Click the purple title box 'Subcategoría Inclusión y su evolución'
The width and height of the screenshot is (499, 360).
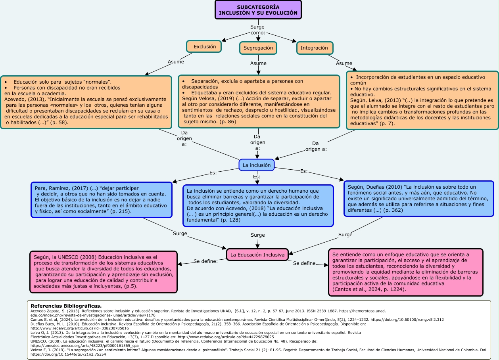[258, 10]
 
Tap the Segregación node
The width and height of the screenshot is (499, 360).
[258, 48]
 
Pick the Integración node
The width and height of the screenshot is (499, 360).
[315, 48]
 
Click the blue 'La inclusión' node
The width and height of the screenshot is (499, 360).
[257, 165]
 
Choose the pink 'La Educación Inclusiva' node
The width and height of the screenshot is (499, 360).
[258, 255]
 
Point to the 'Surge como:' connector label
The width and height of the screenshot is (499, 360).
[258, 30]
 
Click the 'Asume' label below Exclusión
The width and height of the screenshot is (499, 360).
[176, 62]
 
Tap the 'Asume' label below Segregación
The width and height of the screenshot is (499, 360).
[258, 63]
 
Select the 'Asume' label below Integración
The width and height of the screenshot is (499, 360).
[344, 63]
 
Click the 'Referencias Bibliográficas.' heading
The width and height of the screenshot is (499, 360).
[66, 306]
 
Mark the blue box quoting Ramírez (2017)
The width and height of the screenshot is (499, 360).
[102, 199]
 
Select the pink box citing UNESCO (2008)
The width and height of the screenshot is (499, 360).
[103, 272]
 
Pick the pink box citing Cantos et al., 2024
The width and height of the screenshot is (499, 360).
[406, 272]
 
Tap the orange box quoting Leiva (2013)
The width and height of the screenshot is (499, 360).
[422, 100]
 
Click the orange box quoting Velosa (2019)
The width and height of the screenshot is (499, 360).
[259, 101]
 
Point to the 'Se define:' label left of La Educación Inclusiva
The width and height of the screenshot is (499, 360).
[205, 261]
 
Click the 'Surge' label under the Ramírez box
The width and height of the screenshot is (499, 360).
[180, 233]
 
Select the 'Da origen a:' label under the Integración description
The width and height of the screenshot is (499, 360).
[316, 146]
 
